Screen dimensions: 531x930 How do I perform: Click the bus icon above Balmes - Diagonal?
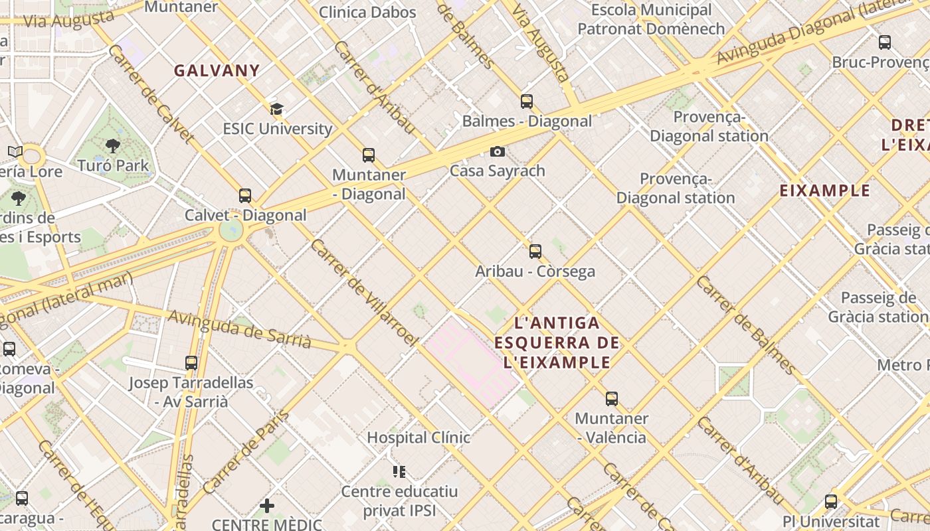[527, 102]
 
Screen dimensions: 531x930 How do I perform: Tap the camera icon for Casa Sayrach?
[497, 152]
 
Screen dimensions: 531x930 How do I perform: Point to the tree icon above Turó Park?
[113, 146]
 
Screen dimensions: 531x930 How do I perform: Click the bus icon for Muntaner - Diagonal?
[369, 156]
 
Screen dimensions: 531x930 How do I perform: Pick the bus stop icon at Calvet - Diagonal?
[245, 196]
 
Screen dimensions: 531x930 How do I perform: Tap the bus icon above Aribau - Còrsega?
[535, 252]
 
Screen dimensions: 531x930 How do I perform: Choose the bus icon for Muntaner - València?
[612, 399]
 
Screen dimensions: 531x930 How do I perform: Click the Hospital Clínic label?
[418, 437]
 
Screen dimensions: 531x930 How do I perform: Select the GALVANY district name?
[217, 70]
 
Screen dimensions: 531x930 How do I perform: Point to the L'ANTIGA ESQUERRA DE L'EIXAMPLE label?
[557, 342]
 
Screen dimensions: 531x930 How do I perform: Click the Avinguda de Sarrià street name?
[239, 329]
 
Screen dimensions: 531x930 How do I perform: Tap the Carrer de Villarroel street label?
[364, 292]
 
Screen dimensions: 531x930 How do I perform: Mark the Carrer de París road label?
[246, 452]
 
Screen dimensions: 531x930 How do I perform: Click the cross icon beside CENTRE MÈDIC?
[267, 506]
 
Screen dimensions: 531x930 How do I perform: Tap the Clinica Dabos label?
[367, 12]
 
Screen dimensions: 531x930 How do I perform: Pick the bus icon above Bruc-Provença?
[885, 42]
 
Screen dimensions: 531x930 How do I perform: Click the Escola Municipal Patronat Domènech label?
[651, 19]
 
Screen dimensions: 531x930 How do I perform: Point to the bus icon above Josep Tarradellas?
[191, 363]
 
